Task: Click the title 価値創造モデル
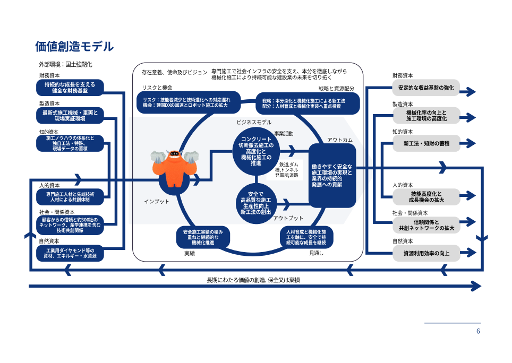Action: pos(74,47)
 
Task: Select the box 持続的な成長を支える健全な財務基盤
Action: pos(70,88)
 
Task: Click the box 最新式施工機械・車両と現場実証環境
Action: pos(70,116)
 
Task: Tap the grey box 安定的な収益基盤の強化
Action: pos(426,88)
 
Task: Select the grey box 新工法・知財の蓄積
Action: pos(426,143)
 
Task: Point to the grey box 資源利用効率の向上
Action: pos(426,254)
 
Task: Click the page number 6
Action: pos(478,331)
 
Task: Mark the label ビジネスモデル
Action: pos(254,122)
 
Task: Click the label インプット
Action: pos(157,201)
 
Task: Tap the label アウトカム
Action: pos(339,140)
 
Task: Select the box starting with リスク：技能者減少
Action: pos(189,103)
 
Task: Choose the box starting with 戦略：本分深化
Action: pos(308,103)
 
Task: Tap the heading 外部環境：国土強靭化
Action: pos(69,64)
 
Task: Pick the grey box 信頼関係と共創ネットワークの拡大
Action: pos(426,225)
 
